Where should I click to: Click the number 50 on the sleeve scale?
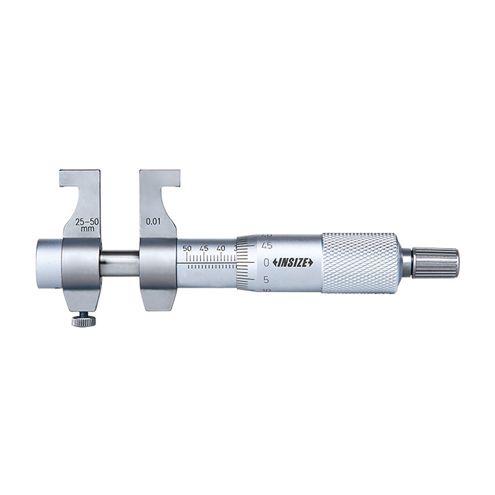click(188, 249)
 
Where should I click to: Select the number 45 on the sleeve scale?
click(205, 249)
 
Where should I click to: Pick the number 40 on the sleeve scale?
click(221, 249)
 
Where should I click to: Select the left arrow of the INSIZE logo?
click(272, 262)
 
